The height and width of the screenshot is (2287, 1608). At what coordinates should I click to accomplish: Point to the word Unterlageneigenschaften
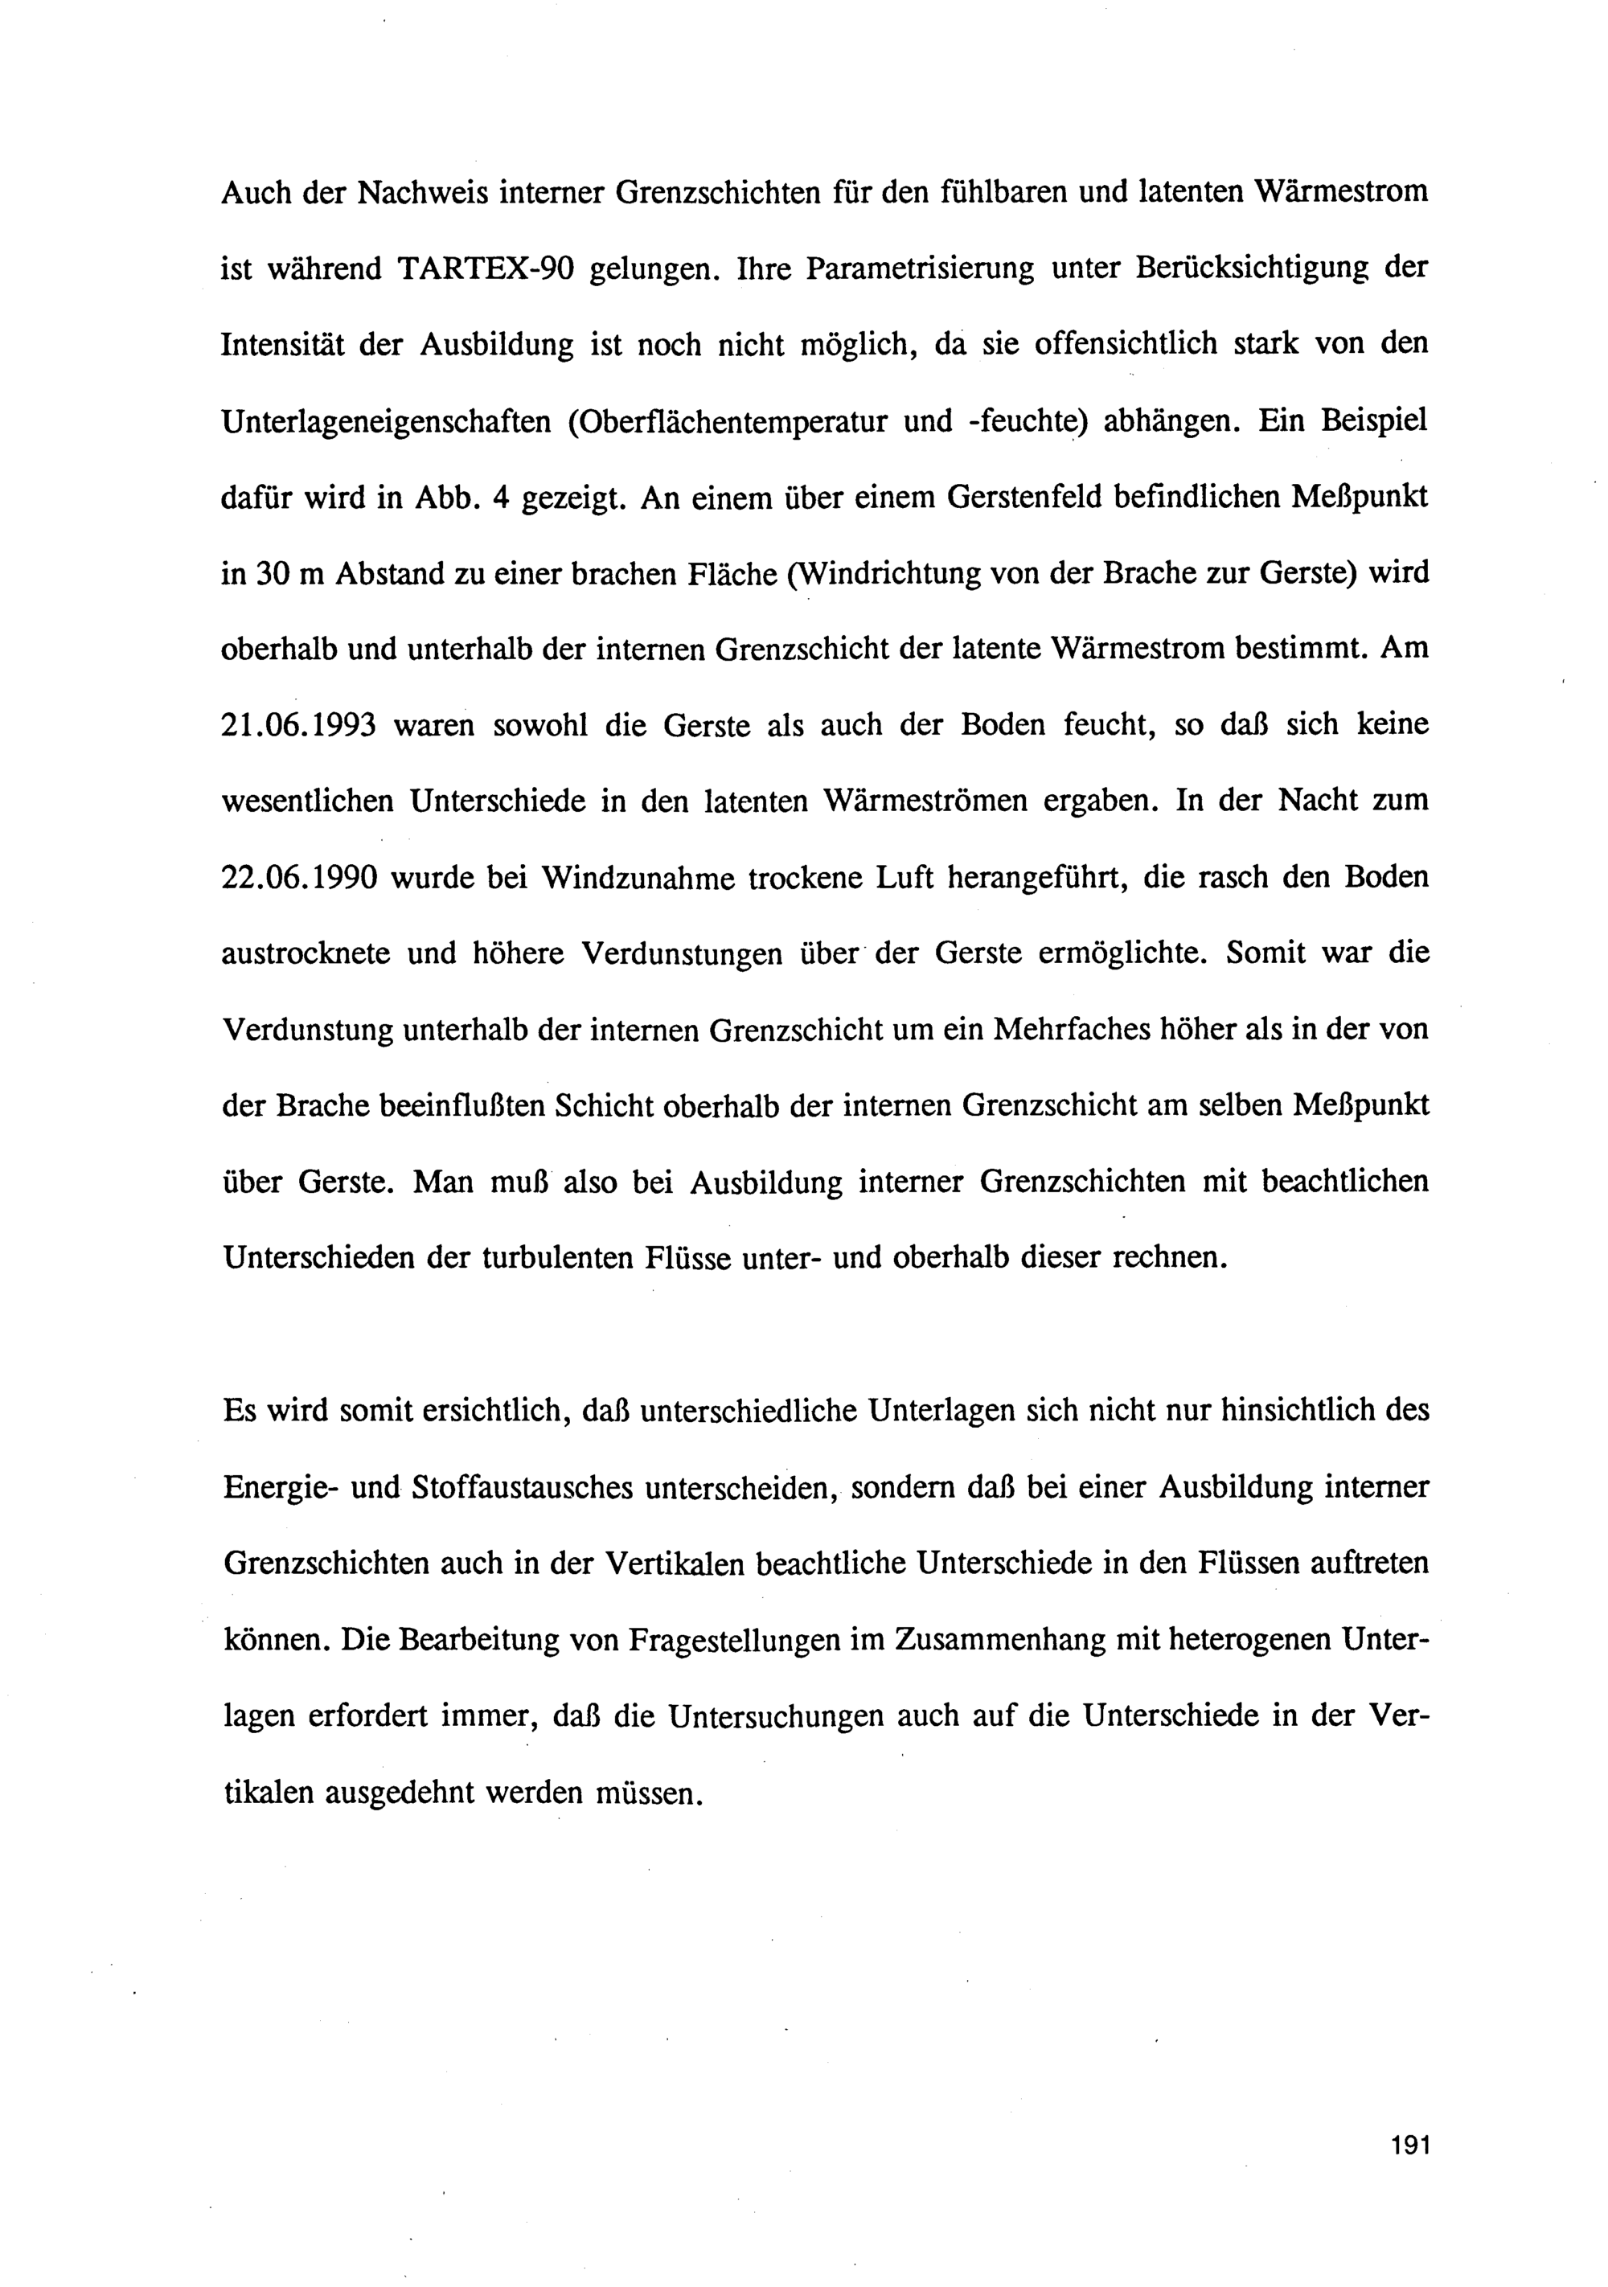point(387,421)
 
